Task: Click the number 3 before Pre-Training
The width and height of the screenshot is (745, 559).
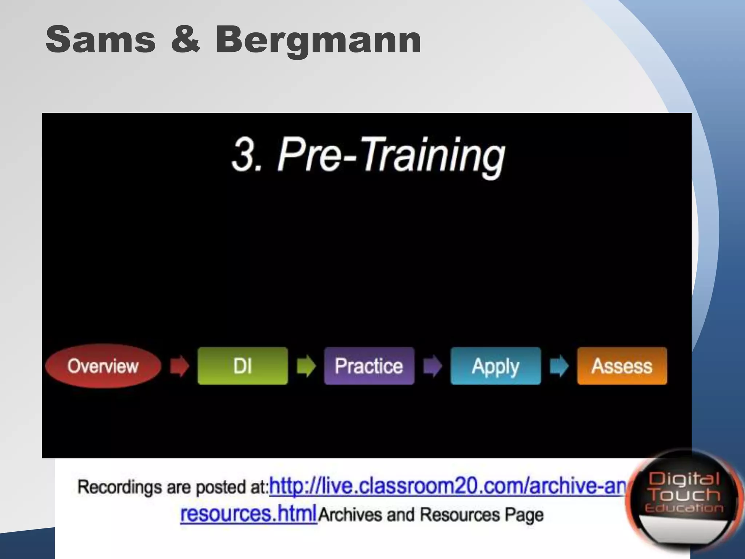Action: coord(243,155)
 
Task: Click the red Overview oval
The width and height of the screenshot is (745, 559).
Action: coord(103,366)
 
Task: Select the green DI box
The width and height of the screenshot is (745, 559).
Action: coord(243,366)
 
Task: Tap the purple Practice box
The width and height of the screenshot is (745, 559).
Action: coord(369,366)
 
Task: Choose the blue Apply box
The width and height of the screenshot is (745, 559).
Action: coord(495,366)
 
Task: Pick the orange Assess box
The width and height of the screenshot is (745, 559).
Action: coord(622,366)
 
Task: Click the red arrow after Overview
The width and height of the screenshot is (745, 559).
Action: coord(179,366)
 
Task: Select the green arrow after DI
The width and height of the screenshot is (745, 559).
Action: coord(306,366)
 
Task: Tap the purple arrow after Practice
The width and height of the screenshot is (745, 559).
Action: coord(433,366)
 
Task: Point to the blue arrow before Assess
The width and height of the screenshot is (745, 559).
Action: coord(559,366)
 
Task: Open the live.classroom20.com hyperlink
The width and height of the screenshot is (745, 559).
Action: coord(447,486)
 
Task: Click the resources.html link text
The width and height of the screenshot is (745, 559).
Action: coord(248,514)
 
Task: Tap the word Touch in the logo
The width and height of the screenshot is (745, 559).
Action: coord(685,495)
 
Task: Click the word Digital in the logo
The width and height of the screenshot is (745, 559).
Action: coord(684,479)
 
